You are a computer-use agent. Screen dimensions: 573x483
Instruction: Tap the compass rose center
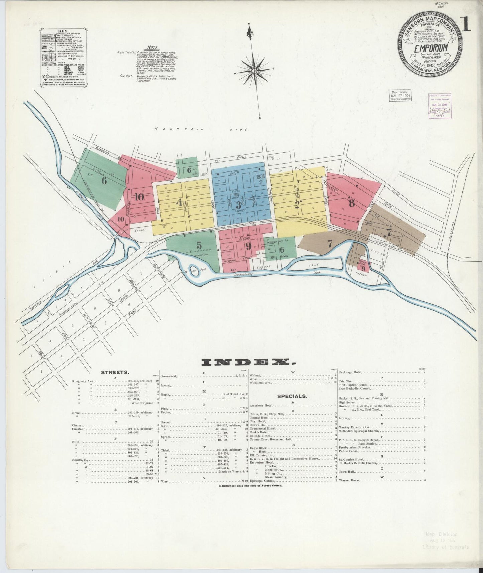tap(254, 71)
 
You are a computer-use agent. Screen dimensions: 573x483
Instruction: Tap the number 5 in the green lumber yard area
tap(199, 245)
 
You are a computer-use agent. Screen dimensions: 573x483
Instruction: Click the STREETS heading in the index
tap(116, 372)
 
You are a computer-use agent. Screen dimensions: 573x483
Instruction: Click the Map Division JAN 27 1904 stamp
tap(400, 97)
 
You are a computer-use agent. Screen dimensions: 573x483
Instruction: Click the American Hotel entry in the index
tap(262, 405)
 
